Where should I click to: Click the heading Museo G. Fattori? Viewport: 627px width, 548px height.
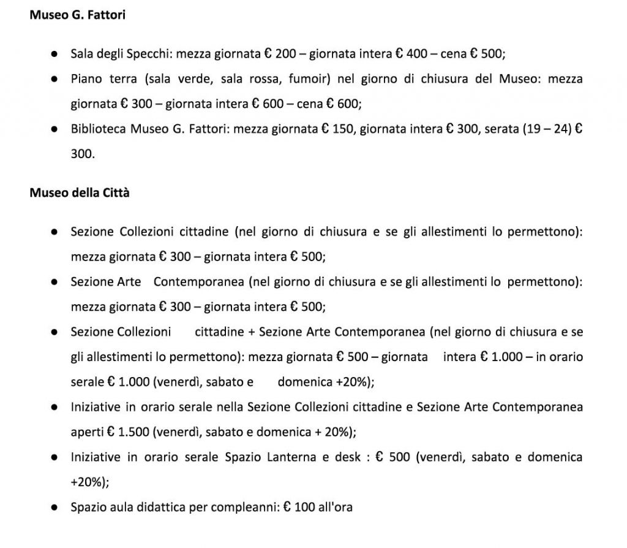click(78, 15)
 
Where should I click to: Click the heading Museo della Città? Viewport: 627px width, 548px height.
click(80, 193)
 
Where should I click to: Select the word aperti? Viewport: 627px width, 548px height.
click(87, 432)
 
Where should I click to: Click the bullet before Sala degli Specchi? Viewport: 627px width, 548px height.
click(54, 54)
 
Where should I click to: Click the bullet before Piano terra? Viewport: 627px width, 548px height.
click(54, 80)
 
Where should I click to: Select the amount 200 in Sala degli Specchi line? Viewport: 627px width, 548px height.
click(286, 53)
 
